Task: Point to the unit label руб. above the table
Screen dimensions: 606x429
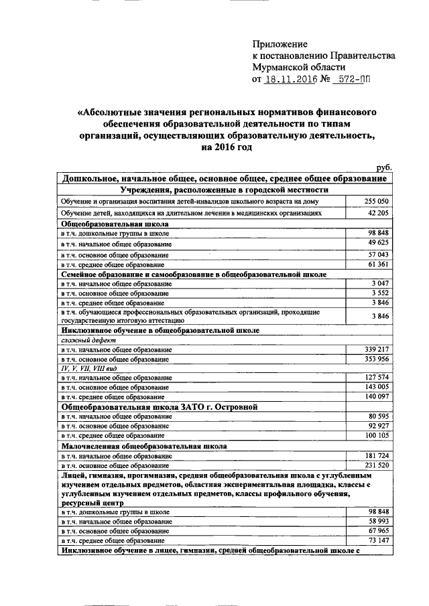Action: (384, 169)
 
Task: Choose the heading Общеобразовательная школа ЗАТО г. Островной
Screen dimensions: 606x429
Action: (160, 406)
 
